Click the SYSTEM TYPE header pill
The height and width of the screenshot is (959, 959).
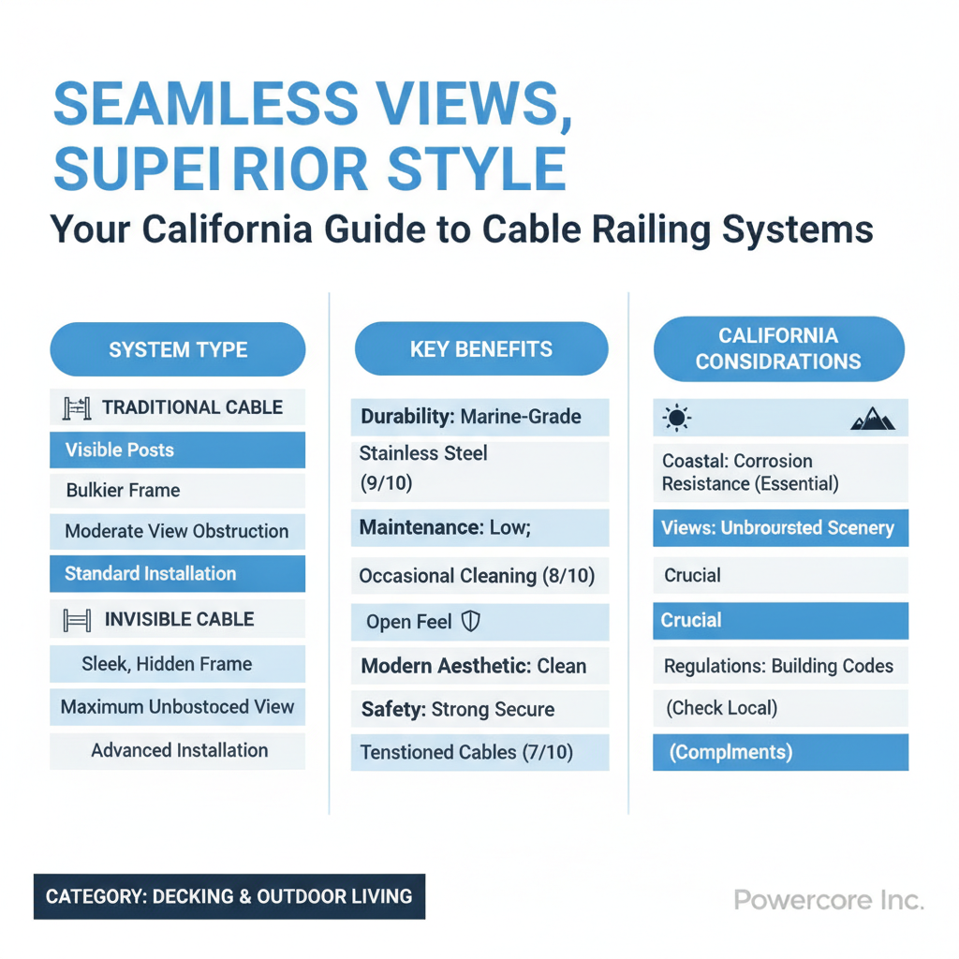(177, 349)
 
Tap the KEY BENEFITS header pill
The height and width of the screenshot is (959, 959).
(481, 348)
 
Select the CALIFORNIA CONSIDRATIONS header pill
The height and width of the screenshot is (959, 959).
(778, 348)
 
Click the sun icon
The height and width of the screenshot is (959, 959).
(676, 419)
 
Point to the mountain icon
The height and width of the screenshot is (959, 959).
(873, 419)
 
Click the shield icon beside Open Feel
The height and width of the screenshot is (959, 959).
(470, 622)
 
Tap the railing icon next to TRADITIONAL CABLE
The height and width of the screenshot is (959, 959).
(77, 408)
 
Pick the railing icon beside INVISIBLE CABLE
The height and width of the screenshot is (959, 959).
(77, 620)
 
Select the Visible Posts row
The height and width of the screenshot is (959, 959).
(177, 450)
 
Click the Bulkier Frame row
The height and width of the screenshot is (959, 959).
(177, 491)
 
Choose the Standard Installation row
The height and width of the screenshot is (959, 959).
(177, 574)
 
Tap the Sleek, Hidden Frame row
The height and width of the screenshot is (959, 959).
(177, 664)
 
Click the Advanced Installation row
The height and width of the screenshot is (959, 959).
(177, 750)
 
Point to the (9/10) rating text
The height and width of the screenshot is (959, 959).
(386, 483)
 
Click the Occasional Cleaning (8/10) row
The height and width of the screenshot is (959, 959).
(480, 576)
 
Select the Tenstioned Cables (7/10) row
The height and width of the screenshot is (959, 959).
(480, 752)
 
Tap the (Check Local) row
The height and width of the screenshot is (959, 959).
(780, 708)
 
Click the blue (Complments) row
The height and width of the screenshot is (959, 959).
(780, 752)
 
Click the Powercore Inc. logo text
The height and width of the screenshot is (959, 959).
(829, 900)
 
